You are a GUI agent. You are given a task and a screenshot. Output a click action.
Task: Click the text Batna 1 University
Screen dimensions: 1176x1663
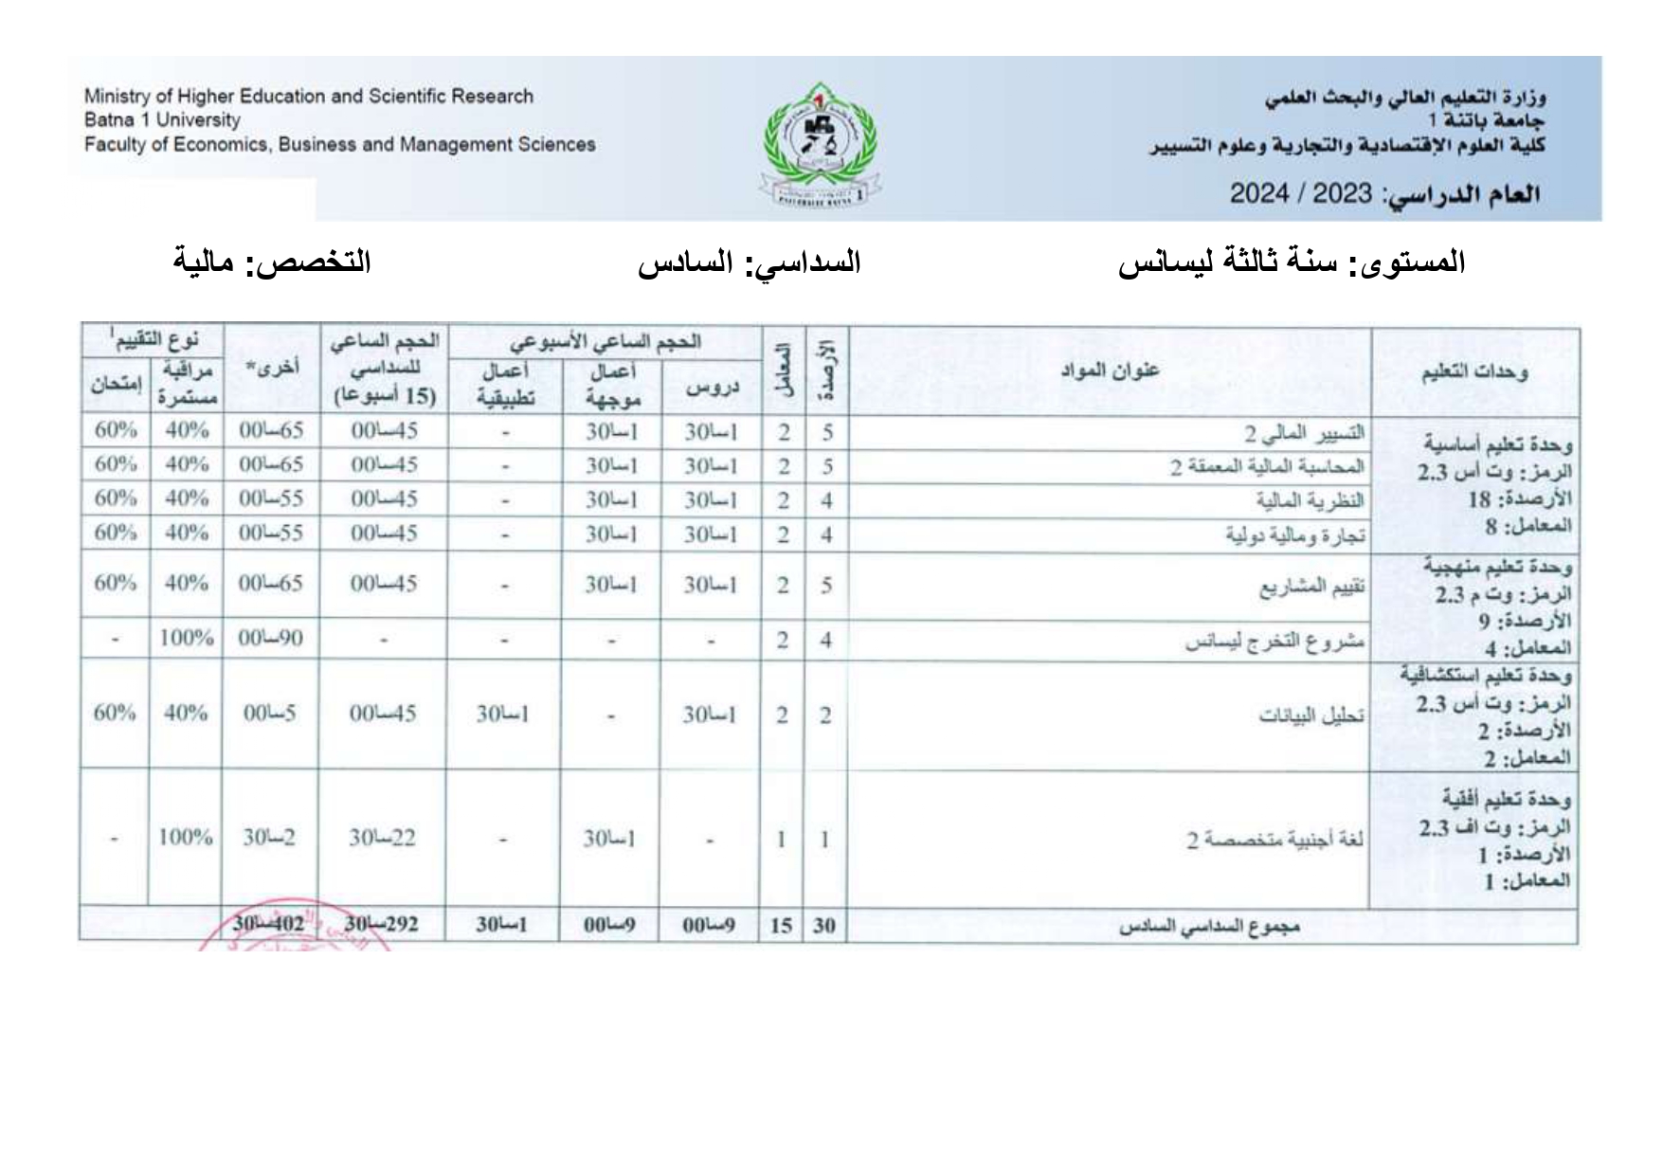coord(162,120)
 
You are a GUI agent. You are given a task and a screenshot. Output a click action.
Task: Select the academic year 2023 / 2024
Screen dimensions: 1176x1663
coord(1300,194)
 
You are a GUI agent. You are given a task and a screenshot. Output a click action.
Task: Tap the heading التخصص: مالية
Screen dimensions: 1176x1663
coord(272,262)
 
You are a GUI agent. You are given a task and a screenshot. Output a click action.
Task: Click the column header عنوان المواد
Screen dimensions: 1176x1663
coord(1109,371)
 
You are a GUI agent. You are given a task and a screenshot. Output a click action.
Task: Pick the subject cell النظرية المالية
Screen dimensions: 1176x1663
coord(1310,500)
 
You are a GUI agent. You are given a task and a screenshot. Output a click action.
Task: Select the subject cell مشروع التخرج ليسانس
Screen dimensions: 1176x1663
coord(1274,642)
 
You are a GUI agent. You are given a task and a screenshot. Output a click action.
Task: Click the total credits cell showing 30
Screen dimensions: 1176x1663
coord(824,926)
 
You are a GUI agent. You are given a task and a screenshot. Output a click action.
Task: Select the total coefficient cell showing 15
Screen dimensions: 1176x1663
coord(781,926)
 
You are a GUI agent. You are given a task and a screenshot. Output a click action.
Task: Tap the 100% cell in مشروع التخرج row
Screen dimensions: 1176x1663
coord(186,638)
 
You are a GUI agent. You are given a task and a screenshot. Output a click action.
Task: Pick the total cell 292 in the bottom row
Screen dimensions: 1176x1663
coord(382,925)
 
